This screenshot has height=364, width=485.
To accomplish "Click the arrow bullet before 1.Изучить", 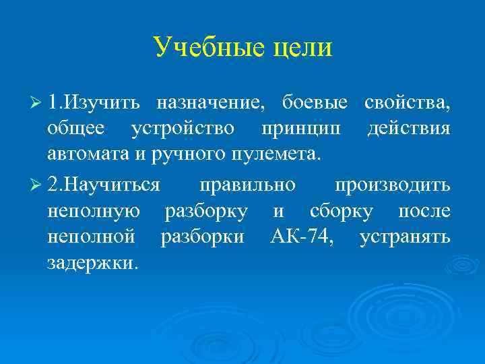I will (37, 103).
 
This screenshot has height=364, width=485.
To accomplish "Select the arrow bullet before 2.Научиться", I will (37, 185).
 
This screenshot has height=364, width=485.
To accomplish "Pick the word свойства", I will (407, 103).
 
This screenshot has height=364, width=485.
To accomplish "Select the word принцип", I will (301, 129).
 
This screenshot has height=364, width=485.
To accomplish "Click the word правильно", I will (247, 185).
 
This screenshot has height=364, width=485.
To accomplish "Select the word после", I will (424, 211).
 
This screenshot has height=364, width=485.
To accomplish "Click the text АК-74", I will (299, 237).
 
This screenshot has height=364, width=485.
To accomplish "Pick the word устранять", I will (405, 237).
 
